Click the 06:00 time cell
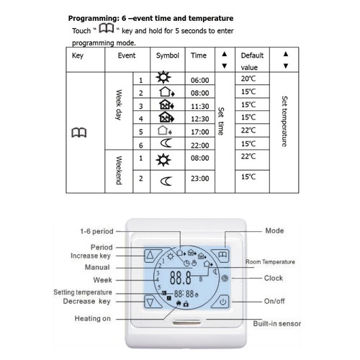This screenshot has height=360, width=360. click(199, 81)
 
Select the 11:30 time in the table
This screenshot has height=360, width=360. click(199, 104)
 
